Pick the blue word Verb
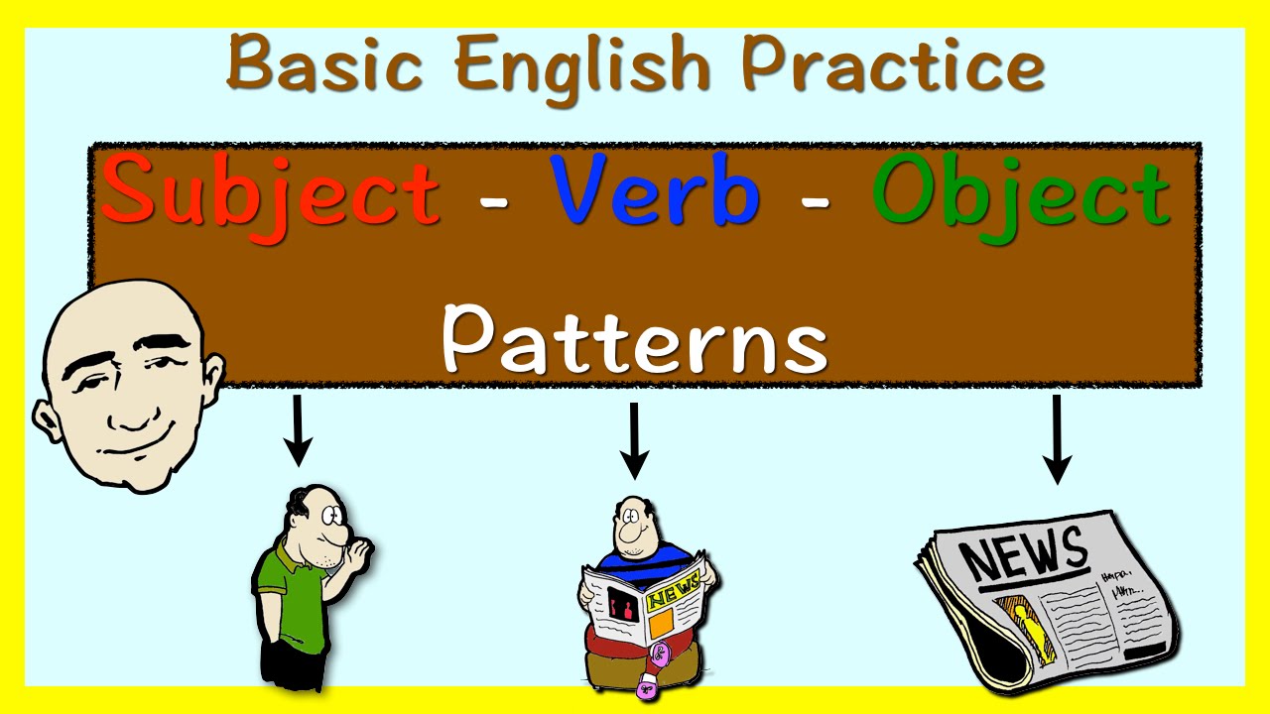655,191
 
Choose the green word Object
1022,193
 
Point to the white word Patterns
634,338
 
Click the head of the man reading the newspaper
632,526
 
